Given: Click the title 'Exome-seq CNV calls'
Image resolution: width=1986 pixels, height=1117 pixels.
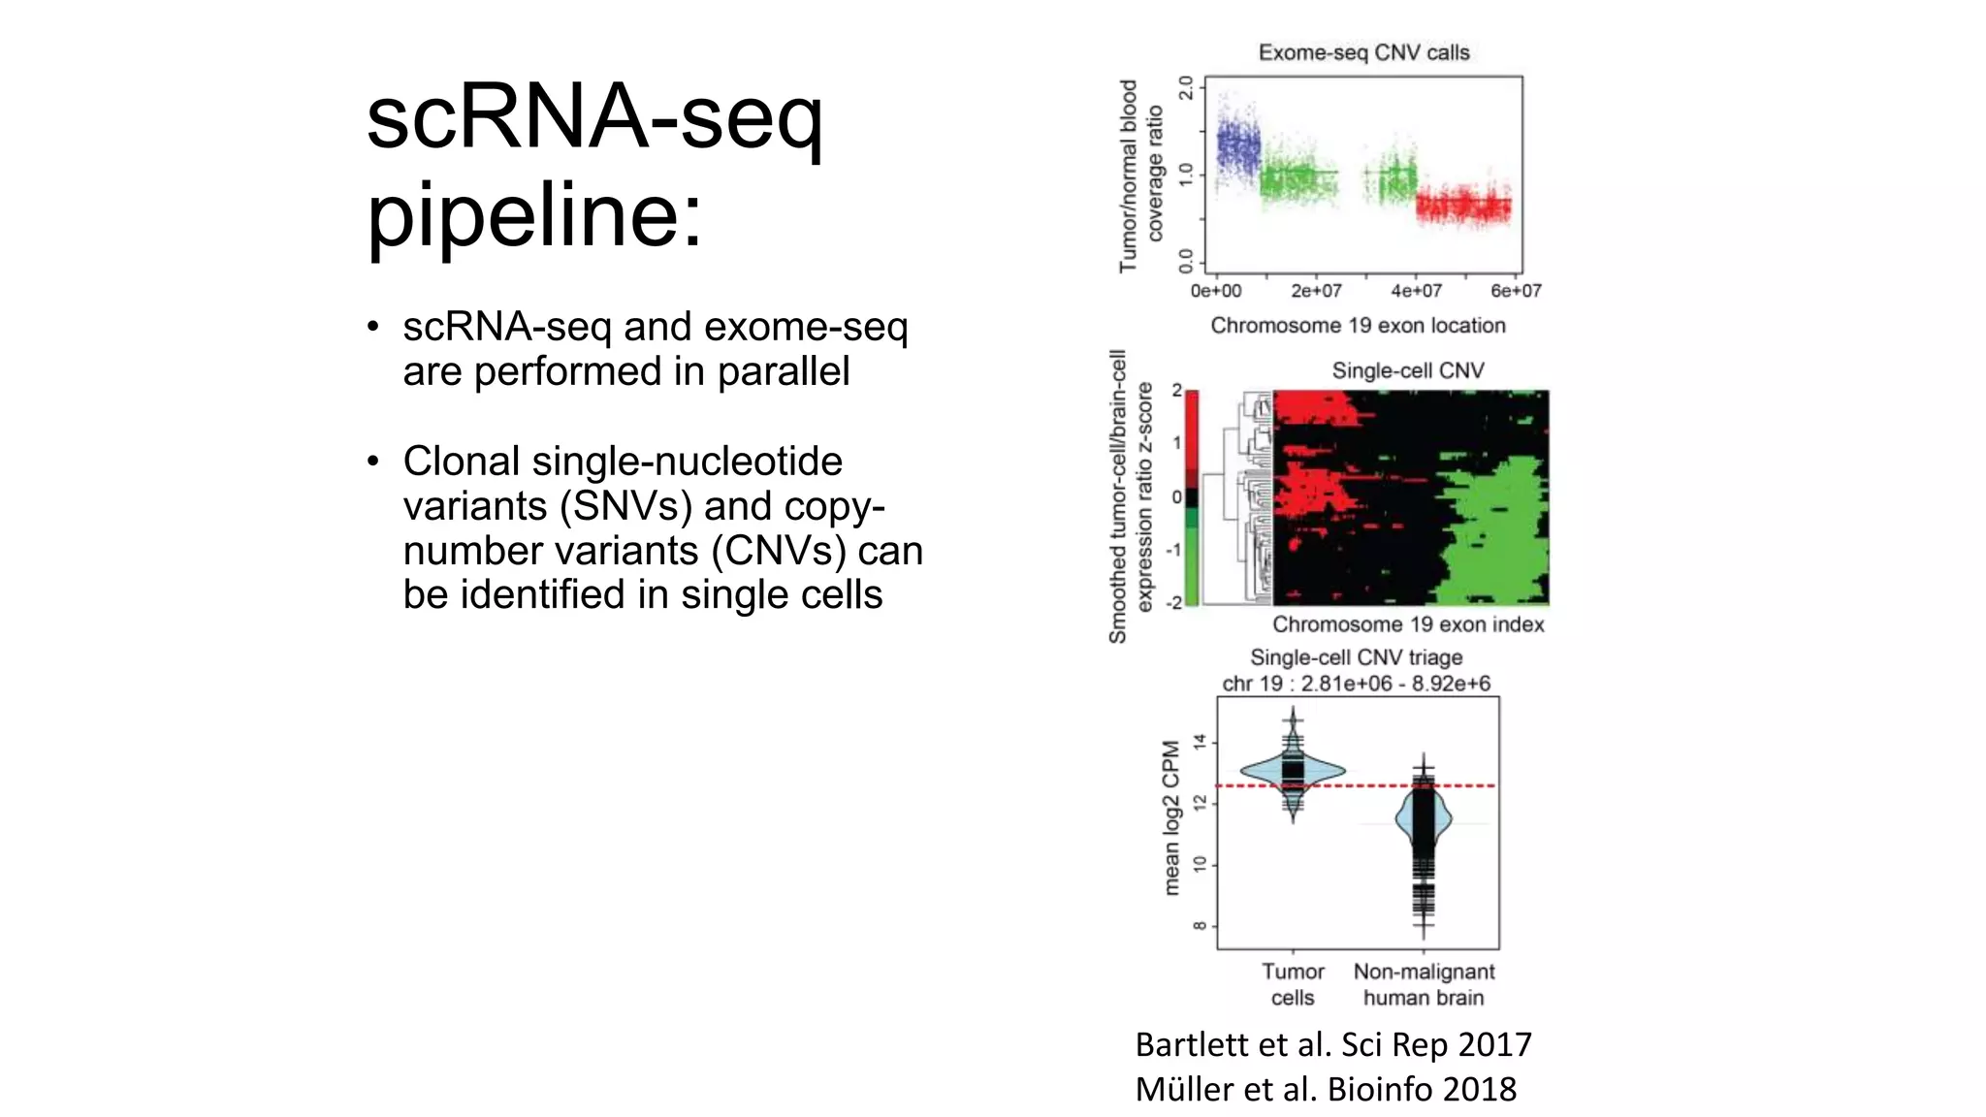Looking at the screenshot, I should [1363, 52].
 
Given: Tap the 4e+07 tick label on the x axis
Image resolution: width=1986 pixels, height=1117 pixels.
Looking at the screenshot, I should [1416, 291].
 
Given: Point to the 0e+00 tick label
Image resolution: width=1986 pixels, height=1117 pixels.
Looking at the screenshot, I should [1215, 291].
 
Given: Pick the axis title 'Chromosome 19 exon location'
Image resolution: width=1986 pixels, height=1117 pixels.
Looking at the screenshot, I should [1358, 326].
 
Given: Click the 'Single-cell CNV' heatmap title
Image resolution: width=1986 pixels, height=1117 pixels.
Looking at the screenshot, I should [1407, 370].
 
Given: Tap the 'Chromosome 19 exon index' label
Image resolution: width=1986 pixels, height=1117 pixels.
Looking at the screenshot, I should [1408, 624].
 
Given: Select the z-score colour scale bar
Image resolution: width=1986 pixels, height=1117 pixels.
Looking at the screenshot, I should [1192, 497].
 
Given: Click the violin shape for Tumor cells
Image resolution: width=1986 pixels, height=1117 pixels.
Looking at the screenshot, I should [1293, 772].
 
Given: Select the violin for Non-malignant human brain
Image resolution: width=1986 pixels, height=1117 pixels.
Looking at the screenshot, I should [1423, 820].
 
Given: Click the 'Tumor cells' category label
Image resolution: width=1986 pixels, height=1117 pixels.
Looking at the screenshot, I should [1293, 984].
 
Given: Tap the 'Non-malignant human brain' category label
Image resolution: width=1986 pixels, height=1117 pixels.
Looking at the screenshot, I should [1424, 984].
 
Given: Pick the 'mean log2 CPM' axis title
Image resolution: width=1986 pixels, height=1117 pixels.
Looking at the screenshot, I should [1171, 817].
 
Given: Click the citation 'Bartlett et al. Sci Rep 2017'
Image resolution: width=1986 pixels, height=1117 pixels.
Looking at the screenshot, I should [1333, 1044].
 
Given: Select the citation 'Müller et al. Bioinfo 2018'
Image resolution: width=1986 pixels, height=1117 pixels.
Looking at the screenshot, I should [1326, 1089].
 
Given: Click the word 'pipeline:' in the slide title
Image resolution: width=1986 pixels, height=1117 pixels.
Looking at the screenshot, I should [534, 215].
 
